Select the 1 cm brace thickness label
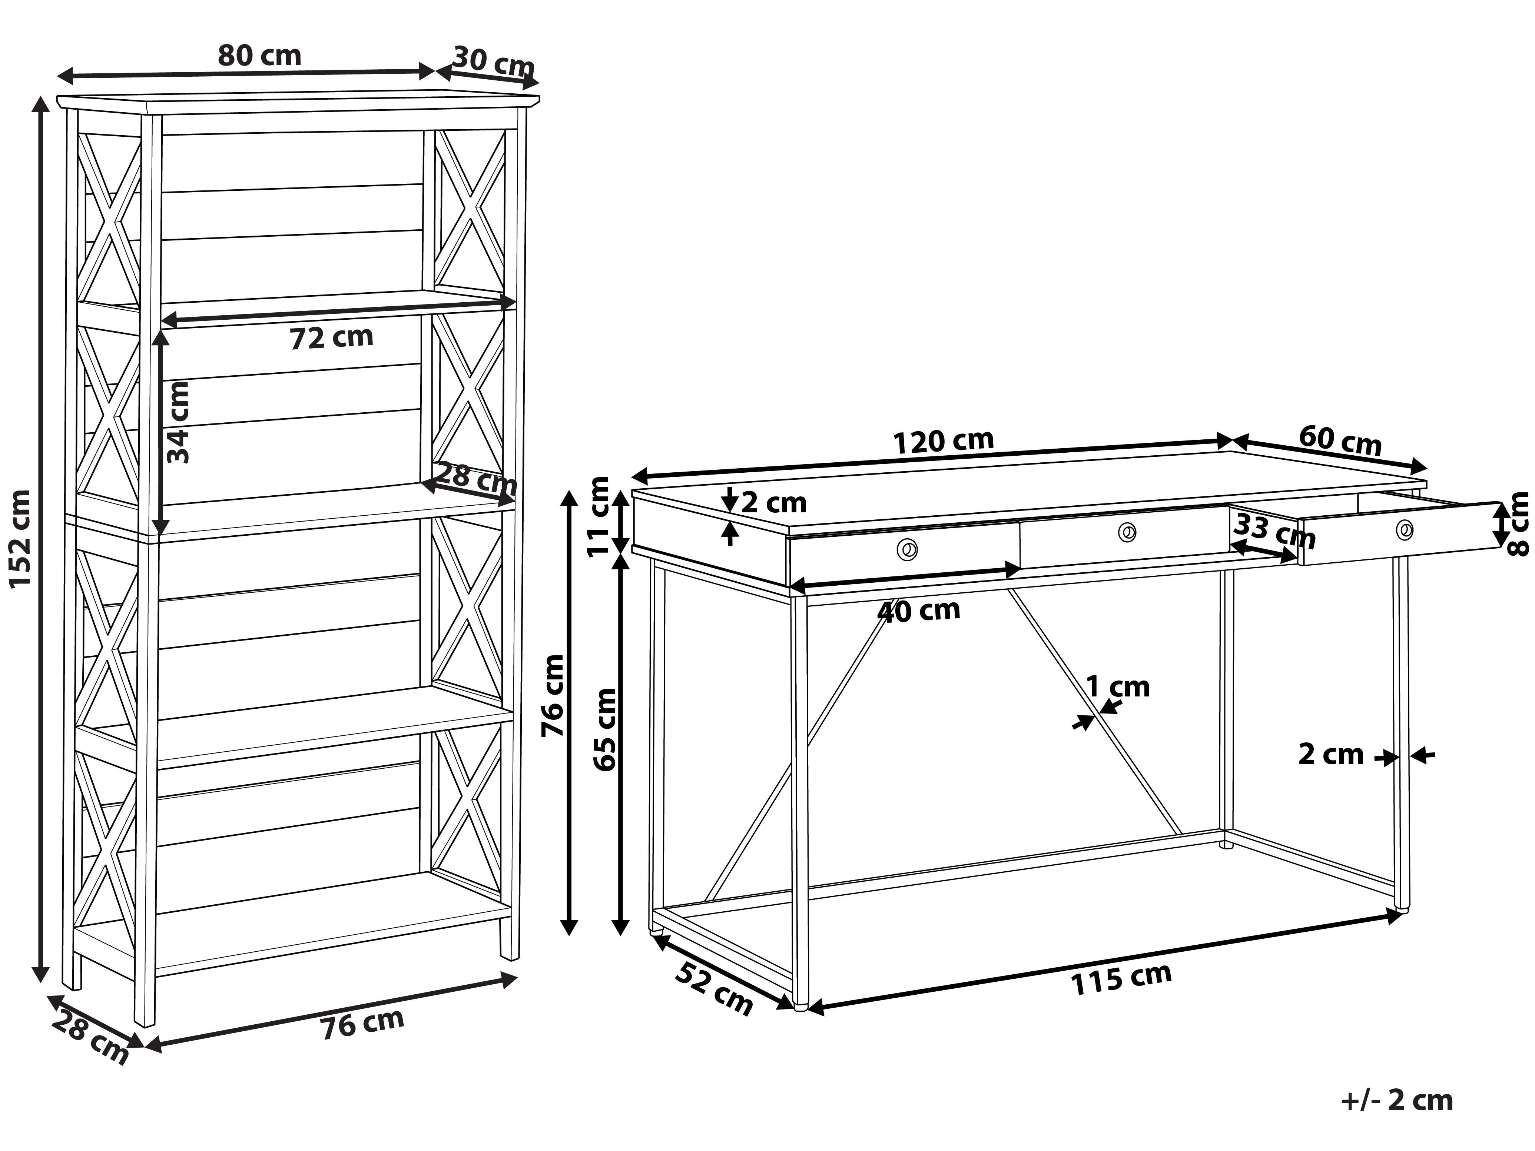click(x=1117, y=687)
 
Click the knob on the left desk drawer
click(x=906, y=550)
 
